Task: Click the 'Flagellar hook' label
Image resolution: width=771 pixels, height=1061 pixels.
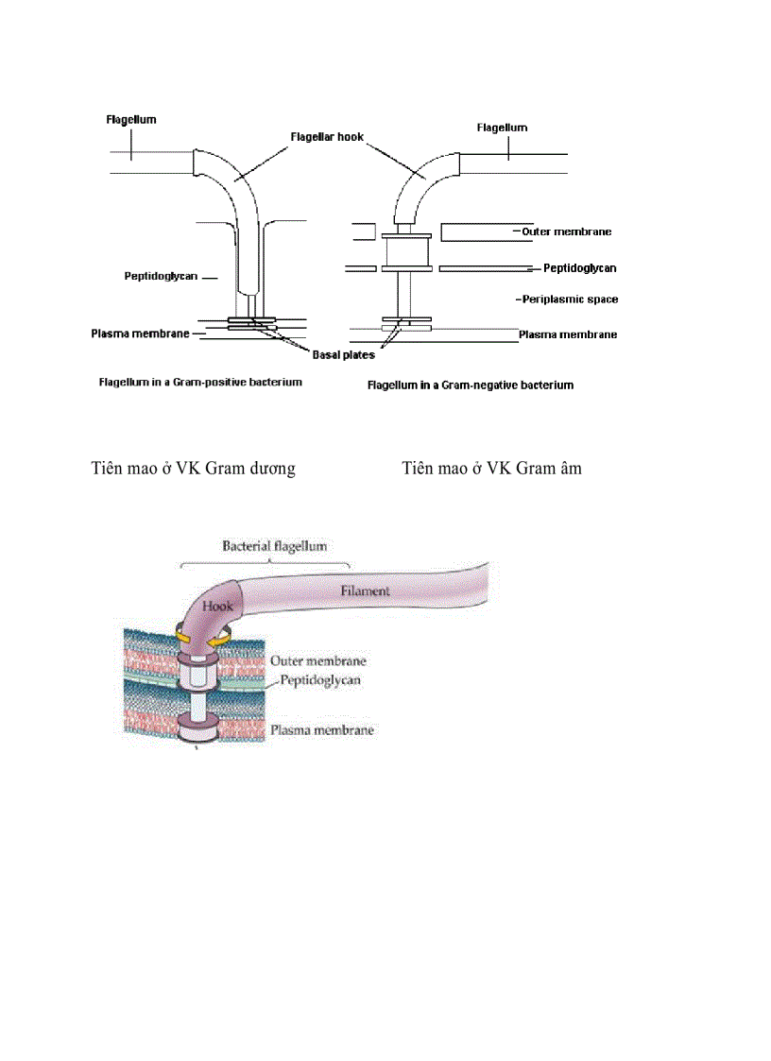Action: point(326,137)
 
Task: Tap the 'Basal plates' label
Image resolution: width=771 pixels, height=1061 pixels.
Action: point(343,355)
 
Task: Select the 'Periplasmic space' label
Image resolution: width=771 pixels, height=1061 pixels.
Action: point(569,299)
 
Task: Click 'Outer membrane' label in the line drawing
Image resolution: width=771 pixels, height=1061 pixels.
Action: point(566,231)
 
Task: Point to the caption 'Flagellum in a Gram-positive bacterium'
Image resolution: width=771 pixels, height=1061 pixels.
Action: point(200,383)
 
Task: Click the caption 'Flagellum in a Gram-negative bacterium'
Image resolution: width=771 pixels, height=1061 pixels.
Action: point(470,385)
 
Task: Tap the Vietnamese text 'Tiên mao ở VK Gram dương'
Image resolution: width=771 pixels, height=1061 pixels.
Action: point(193,468)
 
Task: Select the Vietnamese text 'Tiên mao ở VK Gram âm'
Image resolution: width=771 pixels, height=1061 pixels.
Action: point(491,468)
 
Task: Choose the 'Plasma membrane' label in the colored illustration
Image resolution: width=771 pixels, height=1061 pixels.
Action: point(321,730)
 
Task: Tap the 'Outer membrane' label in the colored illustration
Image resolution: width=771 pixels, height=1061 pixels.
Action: point(317,661)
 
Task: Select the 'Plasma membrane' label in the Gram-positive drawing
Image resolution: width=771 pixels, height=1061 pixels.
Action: point(140,334)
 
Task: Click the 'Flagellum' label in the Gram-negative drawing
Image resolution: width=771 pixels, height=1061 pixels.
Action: point(502,128)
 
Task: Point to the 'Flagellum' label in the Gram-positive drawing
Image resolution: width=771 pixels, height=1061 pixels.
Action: point(130,120)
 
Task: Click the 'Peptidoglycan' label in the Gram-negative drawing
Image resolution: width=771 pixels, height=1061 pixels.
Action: point(579,268)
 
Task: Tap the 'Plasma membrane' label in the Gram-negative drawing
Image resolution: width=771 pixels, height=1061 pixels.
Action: point(568,334)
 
